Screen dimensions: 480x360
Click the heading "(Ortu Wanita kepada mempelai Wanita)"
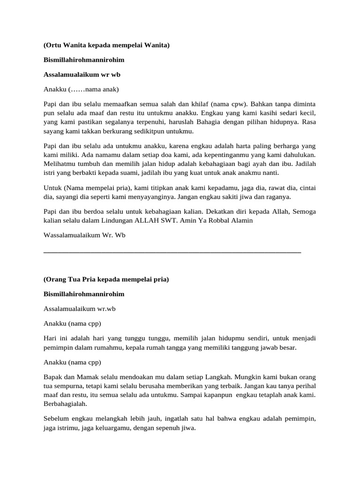[x=106, y=45]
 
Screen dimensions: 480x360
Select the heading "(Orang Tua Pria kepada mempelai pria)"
[x=106, y=279]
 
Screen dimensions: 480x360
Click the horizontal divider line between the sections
[x=172, y=252]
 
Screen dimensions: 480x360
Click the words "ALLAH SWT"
[x=153, y=221]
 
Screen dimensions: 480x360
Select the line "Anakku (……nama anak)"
[x=75, y=89]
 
